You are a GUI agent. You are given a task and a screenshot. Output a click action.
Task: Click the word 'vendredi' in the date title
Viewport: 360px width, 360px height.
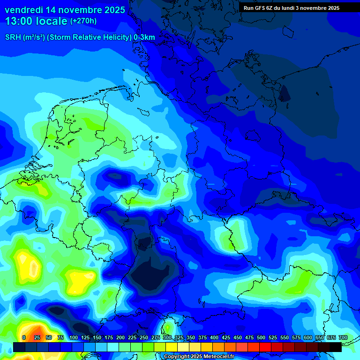click(24, 10)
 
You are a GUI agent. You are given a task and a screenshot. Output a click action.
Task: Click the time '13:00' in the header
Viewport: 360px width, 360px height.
click(19, 21)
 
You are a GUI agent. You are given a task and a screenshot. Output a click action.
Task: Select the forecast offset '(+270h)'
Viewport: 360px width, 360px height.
click(83, 21)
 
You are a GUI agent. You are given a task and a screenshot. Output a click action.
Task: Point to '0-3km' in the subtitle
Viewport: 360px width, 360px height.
click(144, 37)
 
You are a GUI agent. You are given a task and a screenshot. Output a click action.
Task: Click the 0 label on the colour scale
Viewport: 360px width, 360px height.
click(24, 337)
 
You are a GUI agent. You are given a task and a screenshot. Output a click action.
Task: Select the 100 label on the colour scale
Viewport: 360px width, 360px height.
click(74, 337)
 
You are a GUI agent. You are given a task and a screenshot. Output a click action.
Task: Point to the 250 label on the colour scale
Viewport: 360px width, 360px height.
click(144, 337)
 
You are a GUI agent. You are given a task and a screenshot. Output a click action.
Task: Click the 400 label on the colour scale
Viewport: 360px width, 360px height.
click(214, 337)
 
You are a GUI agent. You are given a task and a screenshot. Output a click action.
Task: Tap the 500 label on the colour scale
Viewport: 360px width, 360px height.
click(261, 337)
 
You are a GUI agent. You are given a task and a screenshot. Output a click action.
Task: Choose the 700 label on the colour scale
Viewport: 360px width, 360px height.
click(343, 337)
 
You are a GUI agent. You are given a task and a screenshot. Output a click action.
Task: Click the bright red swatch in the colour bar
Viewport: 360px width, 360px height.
click(265, 347)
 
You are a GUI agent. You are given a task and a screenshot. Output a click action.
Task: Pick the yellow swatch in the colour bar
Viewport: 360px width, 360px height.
click(172, 347)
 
